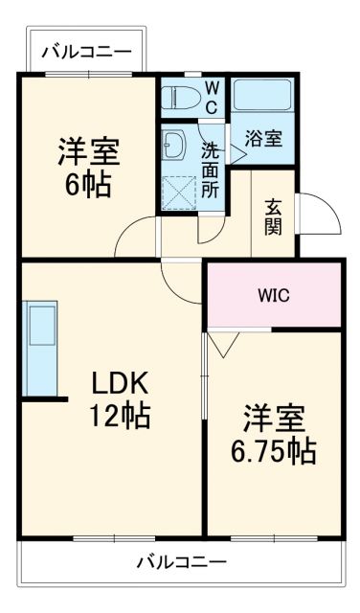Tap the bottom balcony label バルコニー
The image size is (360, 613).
(x=180, y=560)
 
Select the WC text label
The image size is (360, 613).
(x=213, y=98)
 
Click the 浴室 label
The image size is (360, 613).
(x=264, y=139)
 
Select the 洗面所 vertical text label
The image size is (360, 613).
(x=210, y=170)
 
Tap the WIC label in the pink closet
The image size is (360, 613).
(x=273, y=295)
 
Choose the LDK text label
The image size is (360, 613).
(x=119, y=384)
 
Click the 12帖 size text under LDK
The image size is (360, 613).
(x=119, y=417)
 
